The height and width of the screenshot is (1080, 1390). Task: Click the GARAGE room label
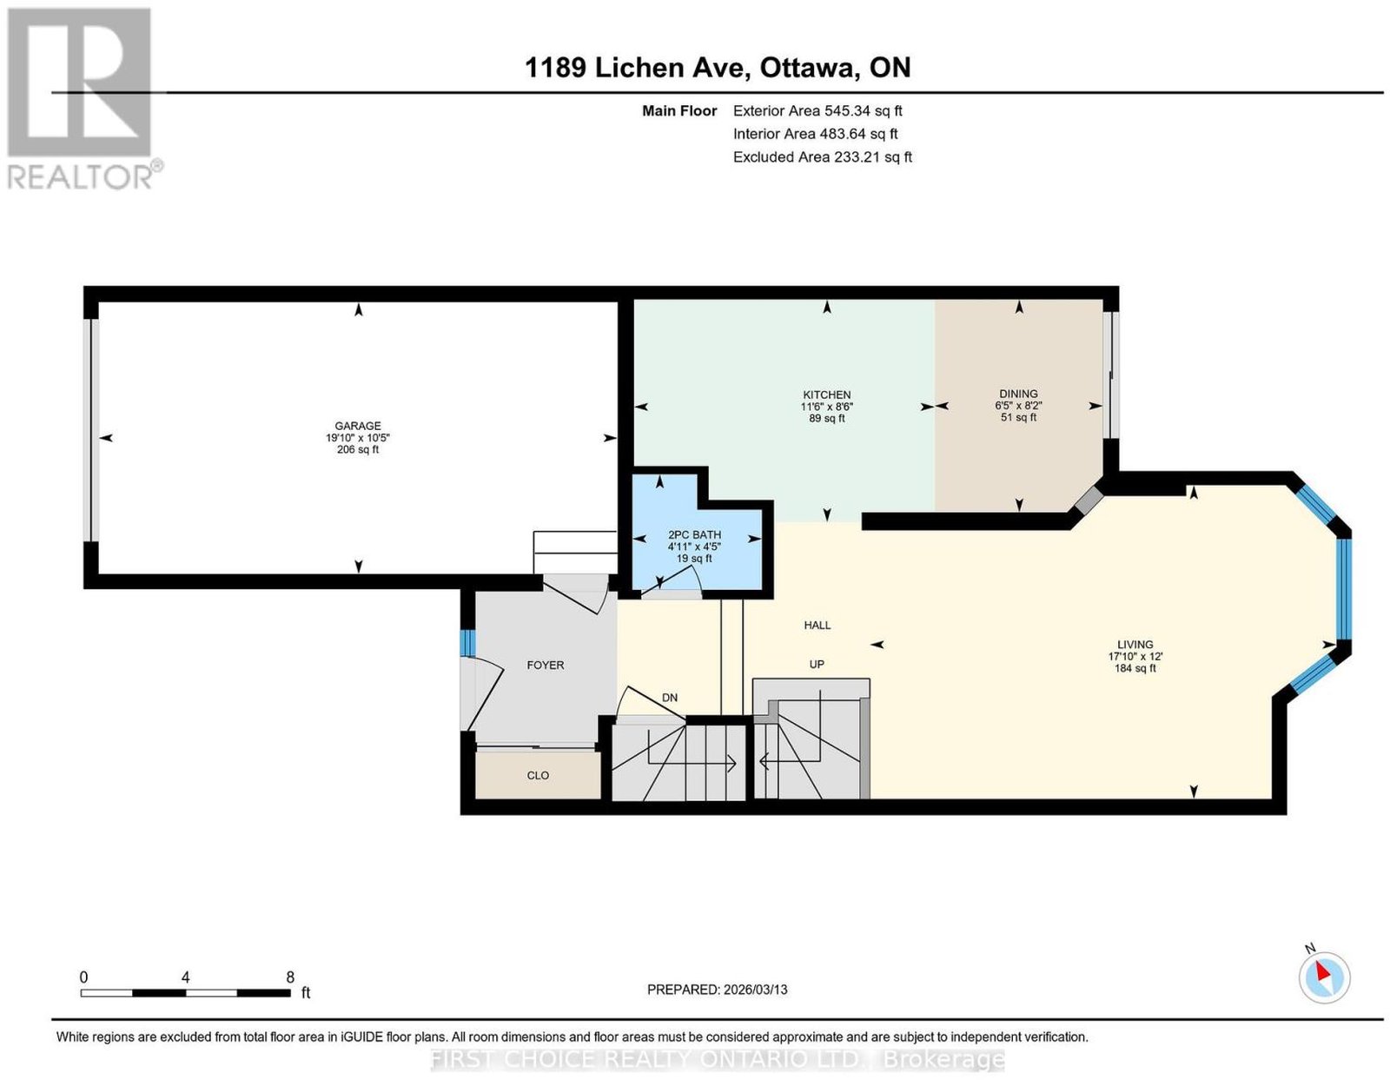pyautogui.click(x=358, y=426)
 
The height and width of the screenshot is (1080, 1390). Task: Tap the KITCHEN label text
pyautogui.click(x=826, y=395)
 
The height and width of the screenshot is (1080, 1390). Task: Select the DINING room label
pyautogui.click(x=1018, y=394)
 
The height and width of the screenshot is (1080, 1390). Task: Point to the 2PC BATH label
pyautogui.click(x=694, y=534)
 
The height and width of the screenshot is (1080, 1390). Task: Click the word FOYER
pyautogui.click(x=545, y=665)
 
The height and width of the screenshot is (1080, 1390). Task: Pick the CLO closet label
pyautogui.click(x=537, y=775)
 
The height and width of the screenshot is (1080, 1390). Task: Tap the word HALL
pyautogui.click(x=817, y=625)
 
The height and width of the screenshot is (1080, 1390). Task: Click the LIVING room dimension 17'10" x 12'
pyautogui.click(x=1135, y=656)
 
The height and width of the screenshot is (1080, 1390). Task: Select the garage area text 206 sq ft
pyautogui.click(x=358, y=449)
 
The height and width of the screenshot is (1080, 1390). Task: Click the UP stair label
pyautogui.click(x=817, y=665)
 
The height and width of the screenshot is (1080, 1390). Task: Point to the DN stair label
pyautogui.click(x=669, y=698)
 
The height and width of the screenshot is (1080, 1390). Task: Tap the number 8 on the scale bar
pyautogui.click(x=290, y=977)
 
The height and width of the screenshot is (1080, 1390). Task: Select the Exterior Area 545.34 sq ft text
pyautogui.click(x=817, y=110)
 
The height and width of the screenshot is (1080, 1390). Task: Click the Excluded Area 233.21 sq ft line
pyautogui.click(x=822, y=156)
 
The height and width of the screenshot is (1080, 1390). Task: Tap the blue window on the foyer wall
pyautogui.click(x=467, y=643)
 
